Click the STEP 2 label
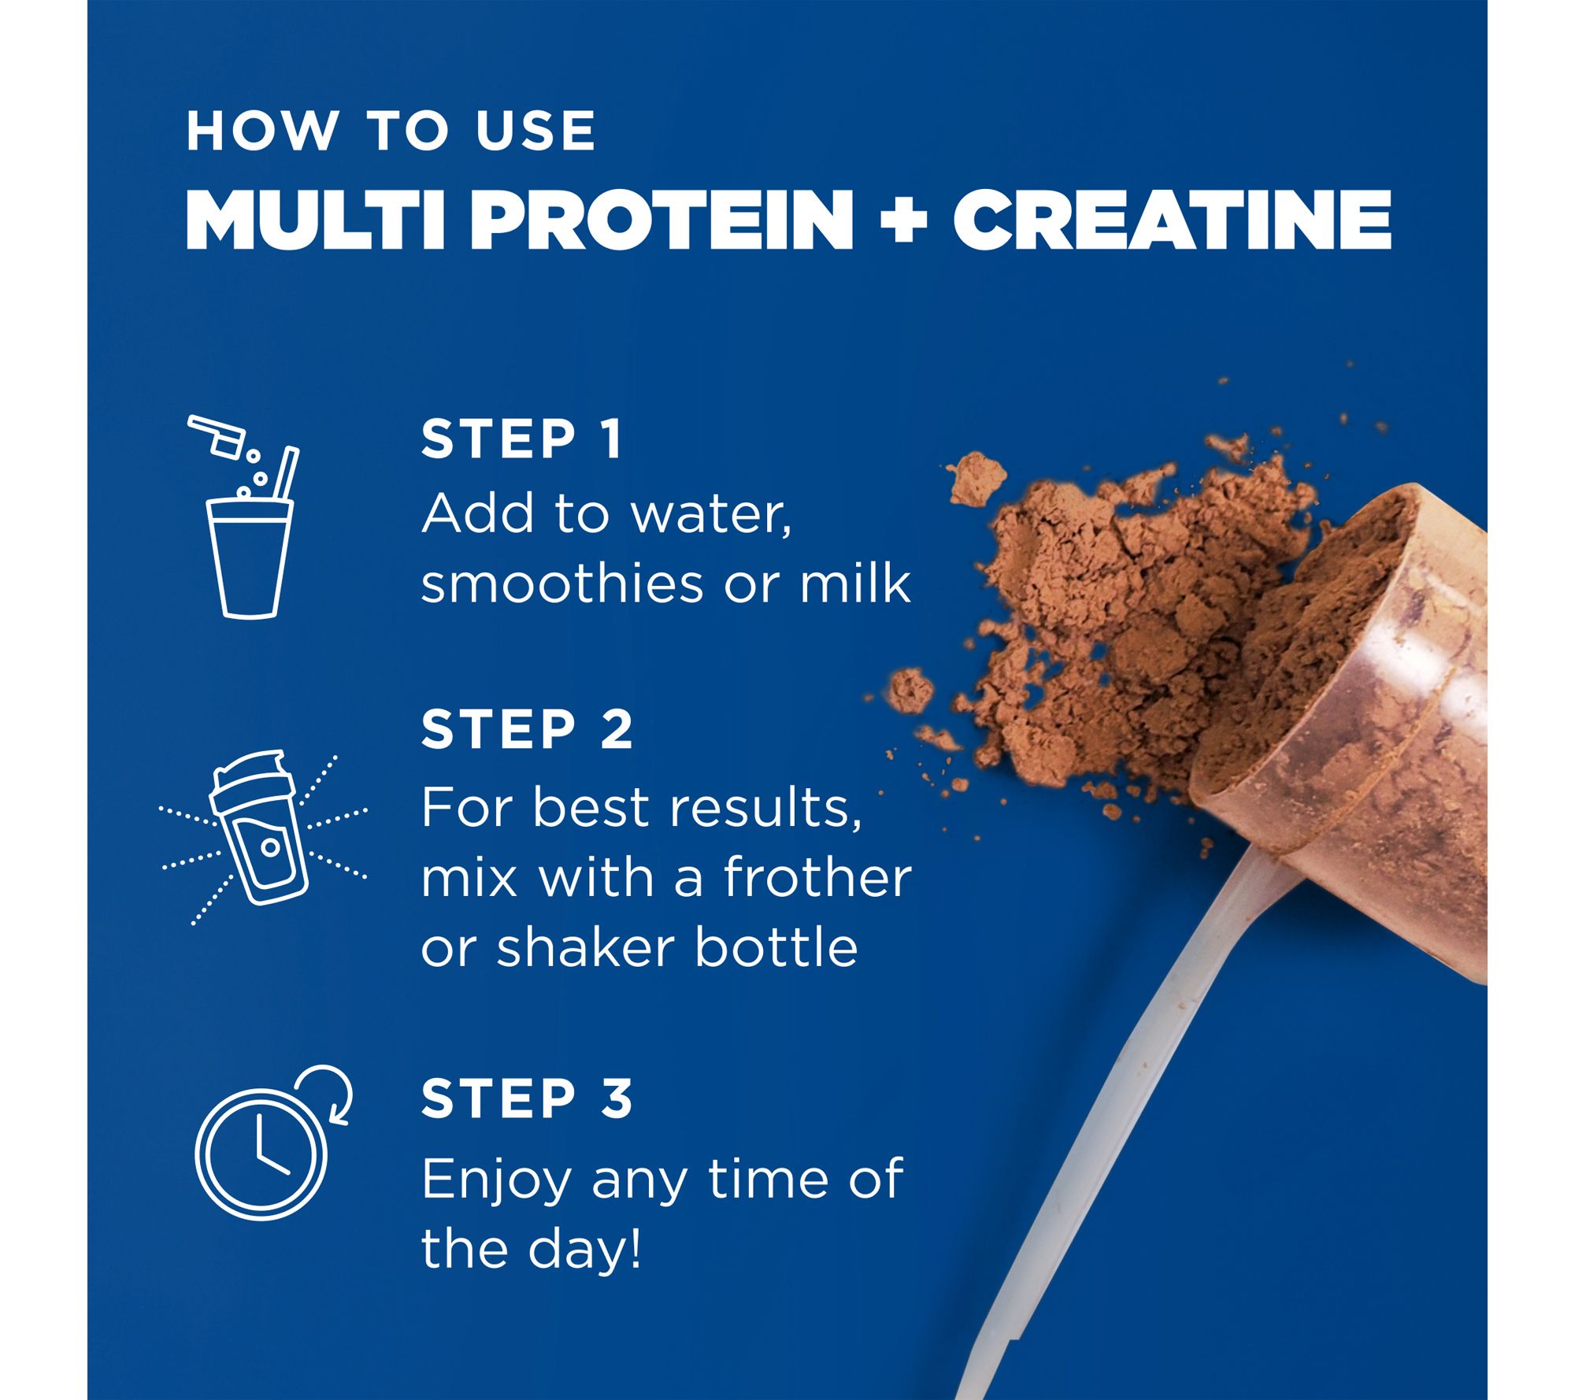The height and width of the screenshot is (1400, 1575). [527, 729]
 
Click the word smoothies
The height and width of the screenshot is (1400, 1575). [562, 583]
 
